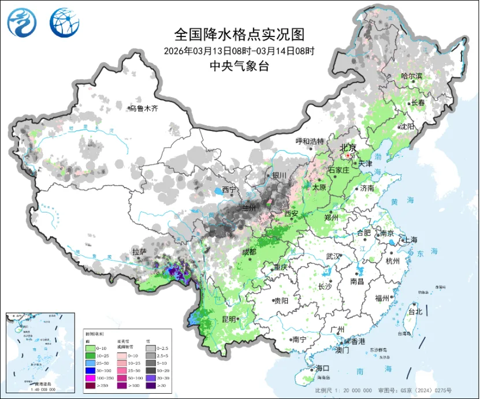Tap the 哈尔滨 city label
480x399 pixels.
[412, 76]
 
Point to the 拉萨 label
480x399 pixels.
[139, 252]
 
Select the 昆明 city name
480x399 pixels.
[228, 319]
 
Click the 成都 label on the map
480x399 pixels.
[249, 252]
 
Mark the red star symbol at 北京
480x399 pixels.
[347, 155]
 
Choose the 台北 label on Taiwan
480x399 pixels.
[415, 312]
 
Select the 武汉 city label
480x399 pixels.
[333, 256]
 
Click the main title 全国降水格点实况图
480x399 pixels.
[239, 35]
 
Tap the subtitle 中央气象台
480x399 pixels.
[239, 66]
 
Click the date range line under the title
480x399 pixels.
[239, 51]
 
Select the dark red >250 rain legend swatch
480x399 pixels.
[91, 385]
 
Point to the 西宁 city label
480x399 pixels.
[229, 189]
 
